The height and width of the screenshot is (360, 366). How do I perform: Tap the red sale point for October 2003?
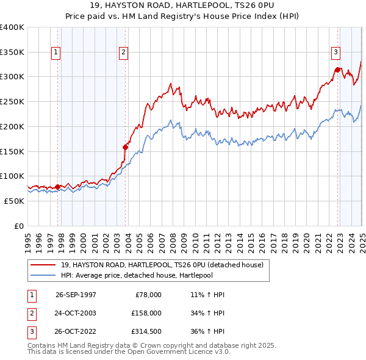point(126,146)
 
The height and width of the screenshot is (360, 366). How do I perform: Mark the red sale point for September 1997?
point(58,187)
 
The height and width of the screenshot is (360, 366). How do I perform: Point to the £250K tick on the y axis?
point(12,101)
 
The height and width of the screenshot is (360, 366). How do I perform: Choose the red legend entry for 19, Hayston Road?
point(162,265)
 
